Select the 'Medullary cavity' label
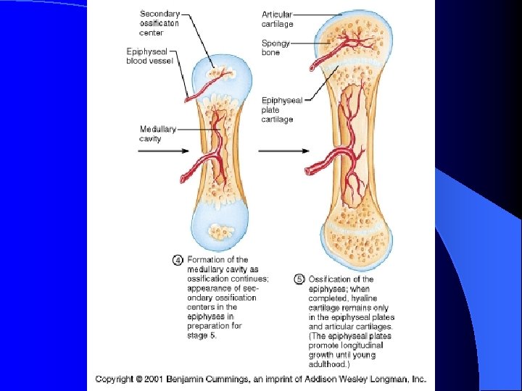coord(157,134)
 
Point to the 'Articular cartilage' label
coord(277,19)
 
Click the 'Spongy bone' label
coord(275,48)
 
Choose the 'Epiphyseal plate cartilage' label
coord(281,109)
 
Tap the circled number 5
coord(299,279)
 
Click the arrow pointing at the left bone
coord(163,151)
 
